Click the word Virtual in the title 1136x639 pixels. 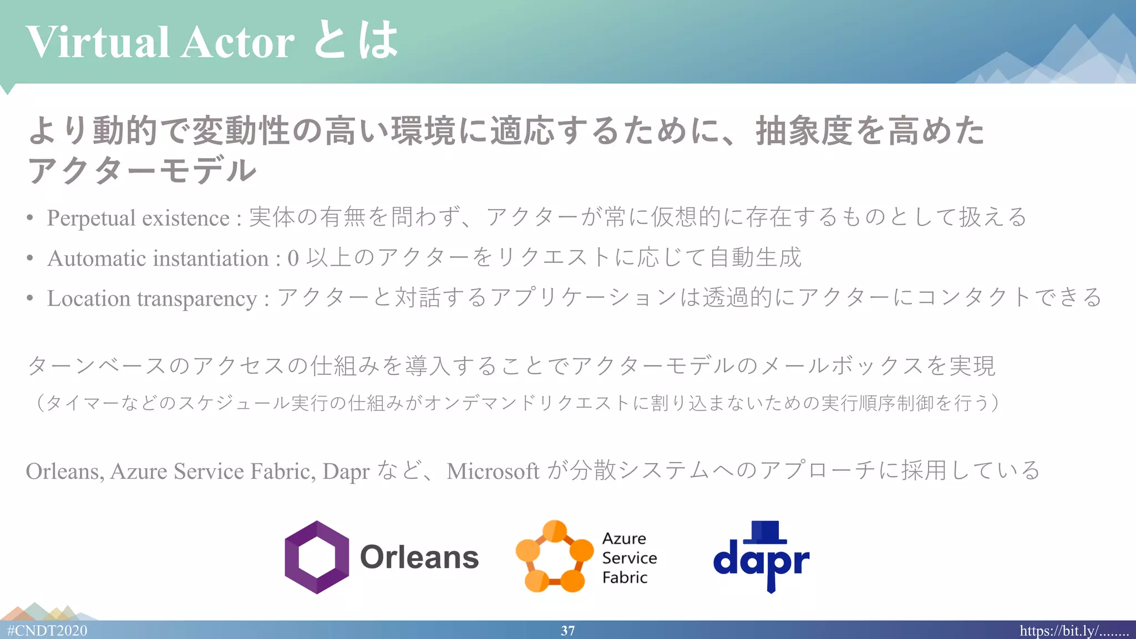[x=98, y=42]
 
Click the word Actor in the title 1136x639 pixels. [x=237, y=42]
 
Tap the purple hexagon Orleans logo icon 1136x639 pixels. [x=317, y=557]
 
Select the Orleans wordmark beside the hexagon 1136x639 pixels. [x=419, y=557]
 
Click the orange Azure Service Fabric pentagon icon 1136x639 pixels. [x=554, y=557]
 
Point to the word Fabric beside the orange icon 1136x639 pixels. [x=625, y=577]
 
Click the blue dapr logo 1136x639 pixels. [x=761, y=561]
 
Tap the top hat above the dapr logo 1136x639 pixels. [x=765, y=531]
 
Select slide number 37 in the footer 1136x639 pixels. [x=567, y=631]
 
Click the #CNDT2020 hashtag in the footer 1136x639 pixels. [x=47, y=631]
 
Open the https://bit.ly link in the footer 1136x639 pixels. [x=1074, y=631]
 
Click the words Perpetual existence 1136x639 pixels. [x=138, y=218]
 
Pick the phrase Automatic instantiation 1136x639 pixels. [x=158, y=258]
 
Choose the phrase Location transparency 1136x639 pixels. [x=152, y=298]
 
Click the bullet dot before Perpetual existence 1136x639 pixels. [x=30, y=218]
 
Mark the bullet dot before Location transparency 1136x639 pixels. [x=30, y=298]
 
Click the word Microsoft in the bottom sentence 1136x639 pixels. [x=493, y=471]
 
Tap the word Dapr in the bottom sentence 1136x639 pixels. [x=346, y=471]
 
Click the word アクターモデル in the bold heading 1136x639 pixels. [x=142, y=170]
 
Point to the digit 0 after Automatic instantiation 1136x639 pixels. [x=293, y=258]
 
